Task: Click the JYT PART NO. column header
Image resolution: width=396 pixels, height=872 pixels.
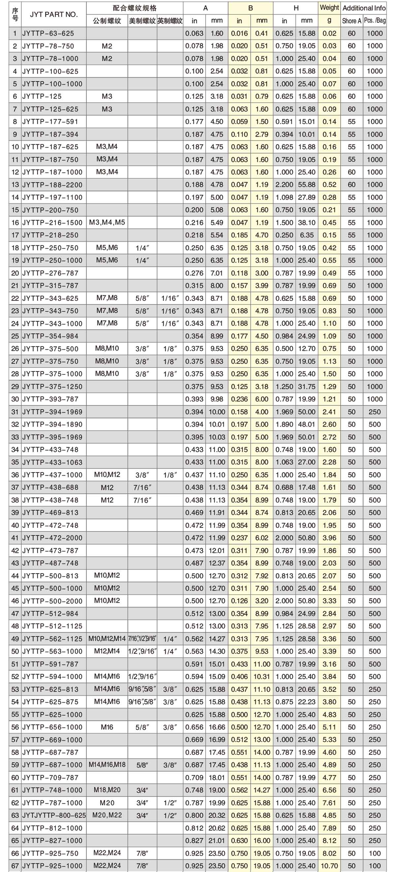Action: (53, 14)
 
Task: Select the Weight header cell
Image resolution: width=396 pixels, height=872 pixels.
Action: (329, 8)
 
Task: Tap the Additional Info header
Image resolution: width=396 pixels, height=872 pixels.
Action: (364, 8)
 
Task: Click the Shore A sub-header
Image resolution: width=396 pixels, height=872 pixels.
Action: (351, 21)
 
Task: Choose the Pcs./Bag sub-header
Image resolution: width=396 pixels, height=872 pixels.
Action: (375, 21)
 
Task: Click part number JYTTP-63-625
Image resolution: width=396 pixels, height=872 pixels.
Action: (48, 33)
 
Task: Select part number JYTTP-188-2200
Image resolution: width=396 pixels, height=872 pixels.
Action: (52, 185)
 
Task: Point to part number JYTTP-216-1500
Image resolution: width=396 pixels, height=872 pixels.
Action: (52, 223)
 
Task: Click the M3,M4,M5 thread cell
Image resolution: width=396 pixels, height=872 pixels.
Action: (107, 223)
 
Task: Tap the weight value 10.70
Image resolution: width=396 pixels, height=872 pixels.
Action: (329, 866)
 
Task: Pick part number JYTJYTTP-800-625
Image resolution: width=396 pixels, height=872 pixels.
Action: (54, 815)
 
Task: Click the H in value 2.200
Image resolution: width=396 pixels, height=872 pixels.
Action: (284, 185)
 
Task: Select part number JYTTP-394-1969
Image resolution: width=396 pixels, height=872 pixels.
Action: (52, 412)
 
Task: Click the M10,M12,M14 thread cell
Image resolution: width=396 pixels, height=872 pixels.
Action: (107, 639)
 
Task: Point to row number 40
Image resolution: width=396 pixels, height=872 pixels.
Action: (15, 525)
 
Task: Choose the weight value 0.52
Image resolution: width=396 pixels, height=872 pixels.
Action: (329, 185)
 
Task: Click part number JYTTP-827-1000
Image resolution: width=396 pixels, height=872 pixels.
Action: (52, 841)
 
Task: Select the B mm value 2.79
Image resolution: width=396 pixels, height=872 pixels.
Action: (262, 134)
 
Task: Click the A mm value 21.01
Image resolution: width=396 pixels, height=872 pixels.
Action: (216, 841)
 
